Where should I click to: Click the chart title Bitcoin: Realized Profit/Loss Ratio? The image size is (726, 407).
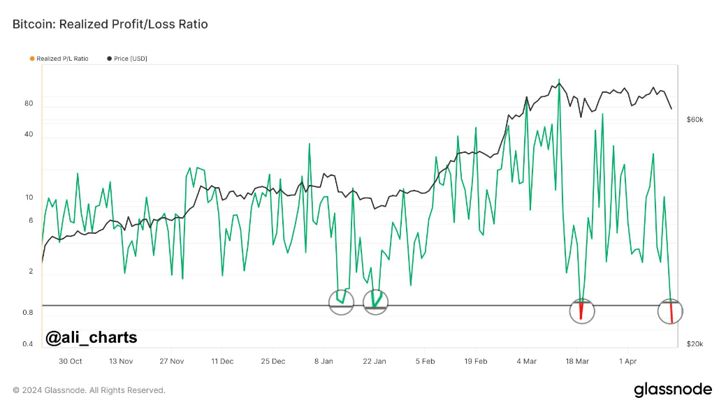110,24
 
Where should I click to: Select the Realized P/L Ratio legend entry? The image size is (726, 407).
59,59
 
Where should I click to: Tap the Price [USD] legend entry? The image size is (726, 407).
127,59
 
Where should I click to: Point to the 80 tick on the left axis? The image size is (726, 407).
29,103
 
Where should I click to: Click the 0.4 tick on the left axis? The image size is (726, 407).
28,344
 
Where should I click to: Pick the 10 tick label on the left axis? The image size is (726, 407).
29,198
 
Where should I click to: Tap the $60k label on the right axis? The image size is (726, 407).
695,120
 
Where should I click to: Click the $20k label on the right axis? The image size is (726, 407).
695,344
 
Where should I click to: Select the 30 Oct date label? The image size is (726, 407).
71,361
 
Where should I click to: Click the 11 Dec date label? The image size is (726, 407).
222,361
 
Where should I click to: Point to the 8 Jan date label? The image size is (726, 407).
324,361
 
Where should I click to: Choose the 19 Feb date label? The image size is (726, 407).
476,361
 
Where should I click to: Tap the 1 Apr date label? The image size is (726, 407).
628,361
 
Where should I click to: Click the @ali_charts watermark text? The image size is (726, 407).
92,338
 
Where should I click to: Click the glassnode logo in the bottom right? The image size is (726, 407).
673,390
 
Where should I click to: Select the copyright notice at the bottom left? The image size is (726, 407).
89,390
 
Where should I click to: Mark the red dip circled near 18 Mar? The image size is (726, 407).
581,310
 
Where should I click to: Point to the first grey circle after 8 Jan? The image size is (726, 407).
328,302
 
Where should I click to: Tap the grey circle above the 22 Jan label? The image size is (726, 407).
363,302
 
